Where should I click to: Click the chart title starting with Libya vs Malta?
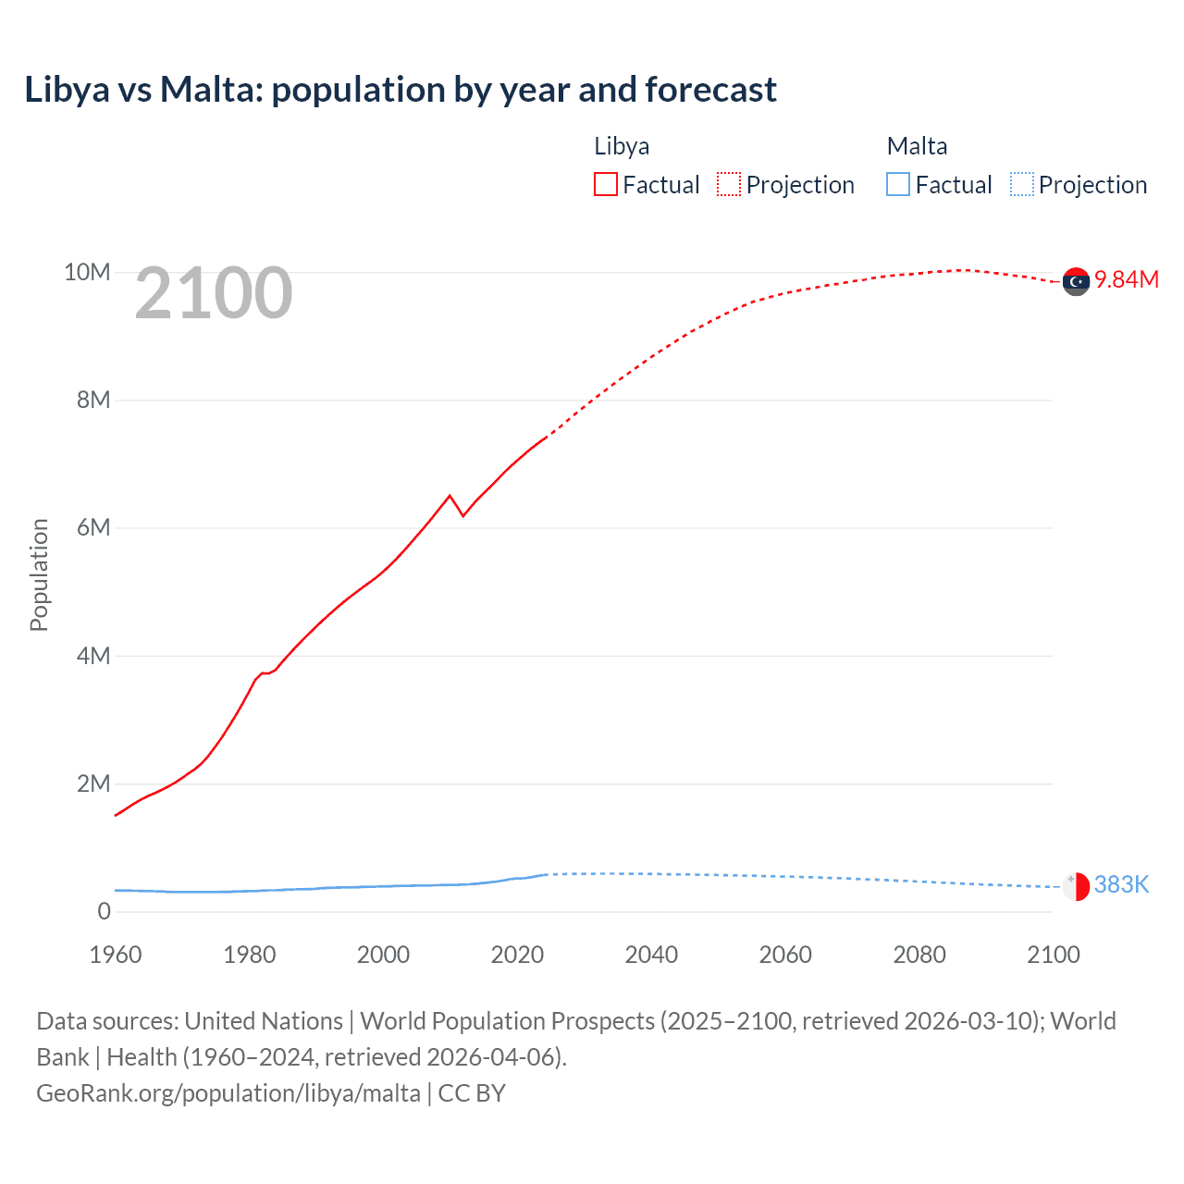(400, 90)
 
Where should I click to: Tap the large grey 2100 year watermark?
(214, 293)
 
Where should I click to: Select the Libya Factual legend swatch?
(605, 184)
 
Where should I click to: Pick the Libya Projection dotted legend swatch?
(729, 184)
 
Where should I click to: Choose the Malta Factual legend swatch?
(898, 184)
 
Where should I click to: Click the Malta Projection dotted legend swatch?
(1021, 184)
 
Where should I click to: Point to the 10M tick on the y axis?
(87, 272)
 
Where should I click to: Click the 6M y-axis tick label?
(93, 527)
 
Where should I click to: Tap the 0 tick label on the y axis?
(104, 911)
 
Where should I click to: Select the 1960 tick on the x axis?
(116, 955)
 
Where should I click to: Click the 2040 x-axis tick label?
(651, 955)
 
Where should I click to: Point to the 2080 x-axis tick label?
(919, 955)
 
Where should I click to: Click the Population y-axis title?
(39, 574)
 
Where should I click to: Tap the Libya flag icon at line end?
(1076, 281)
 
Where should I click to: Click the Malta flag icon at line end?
(1076, 886)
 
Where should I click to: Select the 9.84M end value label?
(1126, 279)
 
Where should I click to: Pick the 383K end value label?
(1121, 884)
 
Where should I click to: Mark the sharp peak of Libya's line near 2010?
(450, 496)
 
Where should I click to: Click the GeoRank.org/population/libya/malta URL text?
(228, 1092)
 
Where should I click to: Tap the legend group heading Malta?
(917, 146)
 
